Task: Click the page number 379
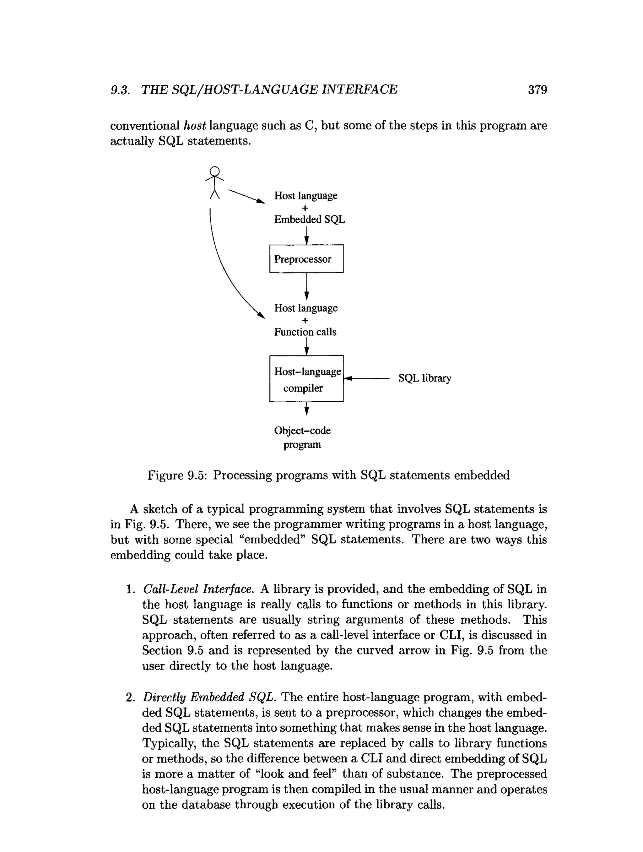pyautogui.click(x=537, y=90)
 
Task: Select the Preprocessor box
pyautogui.click(x=306, y=258)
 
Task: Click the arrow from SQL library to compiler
pyautogui.click(x=368, y=378)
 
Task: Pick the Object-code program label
pyautogui.click(x=302, y=437)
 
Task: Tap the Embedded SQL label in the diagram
pyautogui.click(x=309, y=219)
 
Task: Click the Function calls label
pyautogui.click(x=305, y=332)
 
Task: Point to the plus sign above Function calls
pyautogui.click(x=305, y=320)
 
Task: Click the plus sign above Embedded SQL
pyautogui.click(x=305, y=208)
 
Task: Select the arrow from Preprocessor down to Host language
pyautogui.click(x=306, y=285)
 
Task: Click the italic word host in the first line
pyautogui.click(x=195, y=126)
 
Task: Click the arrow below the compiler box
pyautogui.click(x=306, y=408)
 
